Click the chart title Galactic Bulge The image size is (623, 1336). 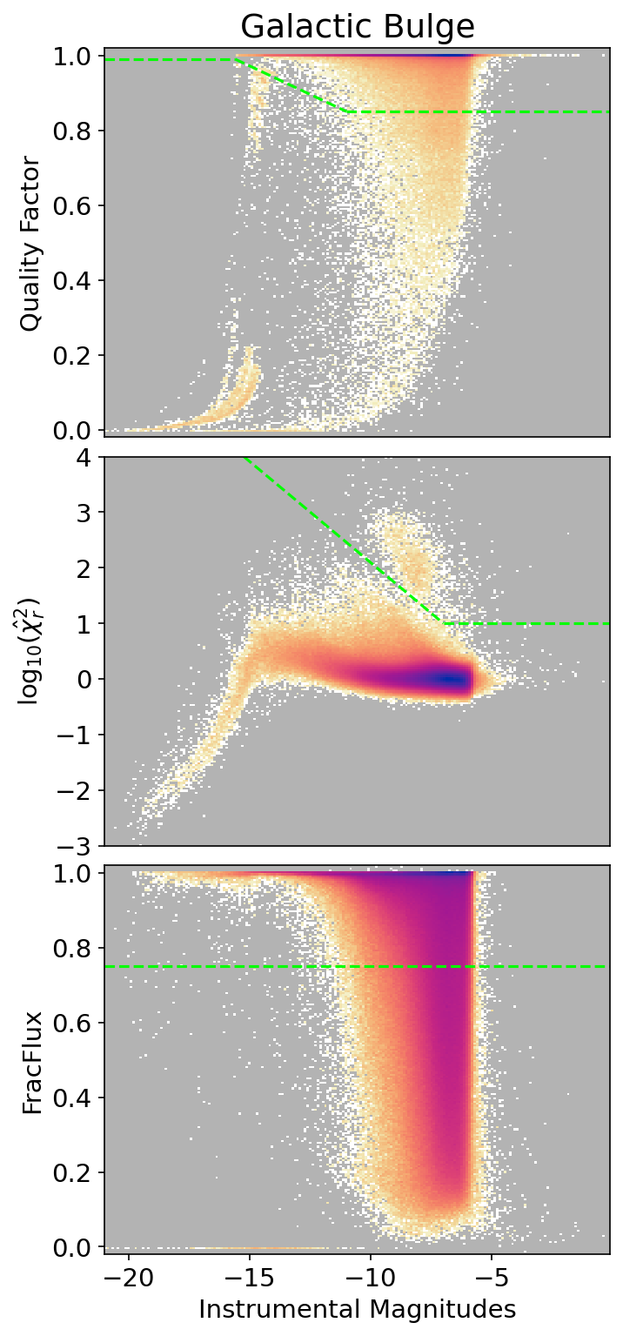[357, 26]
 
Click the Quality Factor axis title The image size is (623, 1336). [31, 243]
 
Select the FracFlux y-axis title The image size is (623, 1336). [31, 1058]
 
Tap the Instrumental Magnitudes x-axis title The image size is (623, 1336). [357, 1308]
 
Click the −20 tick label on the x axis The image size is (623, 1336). [129, 1278]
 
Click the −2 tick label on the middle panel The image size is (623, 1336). [77, 790]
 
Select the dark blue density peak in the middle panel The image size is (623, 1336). [449, 679]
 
